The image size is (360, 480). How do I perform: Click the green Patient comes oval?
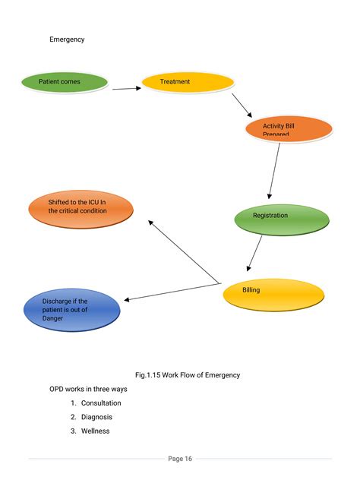click(x=64, y=82)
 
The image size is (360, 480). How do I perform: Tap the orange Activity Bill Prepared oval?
click(x=289, y=129)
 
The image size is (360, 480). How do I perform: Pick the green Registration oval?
click(x=281, y=219)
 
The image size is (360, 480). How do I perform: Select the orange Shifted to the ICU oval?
click(x=81, y=210)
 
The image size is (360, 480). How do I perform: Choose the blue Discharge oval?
click(x=62, y=310)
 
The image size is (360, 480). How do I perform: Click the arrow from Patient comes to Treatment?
click(x=126, y=88)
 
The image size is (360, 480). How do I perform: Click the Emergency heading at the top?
click(x=67, y=39)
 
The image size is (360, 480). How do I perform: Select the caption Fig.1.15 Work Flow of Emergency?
click(x=187, y=374)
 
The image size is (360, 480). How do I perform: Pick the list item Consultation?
click(x=100, y=403)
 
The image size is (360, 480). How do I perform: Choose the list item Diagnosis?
click(x=96, y=417)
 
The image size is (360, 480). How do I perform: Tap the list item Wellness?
click(x=95, y=431)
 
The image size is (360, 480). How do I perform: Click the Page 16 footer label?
click(x=180, y=458)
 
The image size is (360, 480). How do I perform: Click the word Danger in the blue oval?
click(x=52, y=318)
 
